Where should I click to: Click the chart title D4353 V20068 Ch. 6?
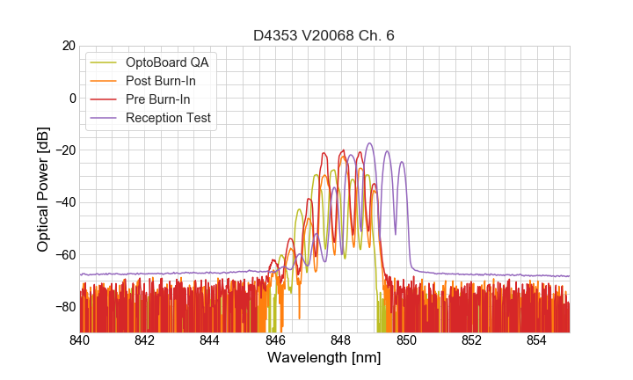pos(324,35)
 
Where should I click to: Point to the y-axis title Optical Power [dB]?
pos(43,189)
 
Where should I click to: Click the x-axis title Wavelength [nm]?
pos(324,359)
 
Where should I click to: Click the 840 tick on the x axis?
pos(80,340)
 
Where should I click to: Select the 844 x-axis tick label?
pos(210,340)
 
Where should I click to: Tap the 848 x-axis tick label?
pos(341,340)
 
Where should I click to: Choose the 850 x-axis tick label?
pos(406,340)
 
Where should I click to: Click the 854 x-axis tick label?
pos(536,340)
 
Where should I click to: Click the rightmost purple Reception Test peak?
pos(402,163)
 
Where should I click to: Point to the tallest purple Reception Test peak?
pos(369,143)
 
